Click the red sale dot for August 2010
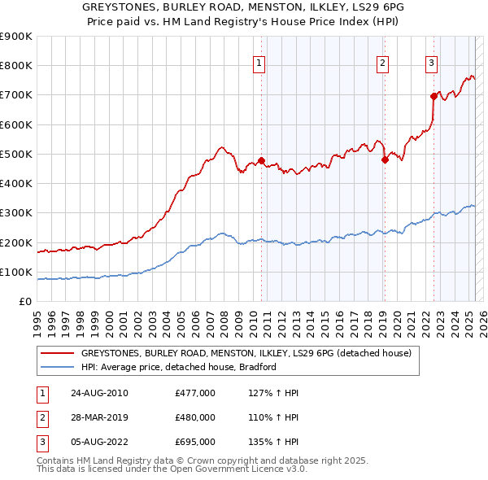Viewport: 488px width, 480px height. coord(261,160)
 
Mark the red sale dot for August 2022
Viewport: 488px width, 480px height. coord(434,96)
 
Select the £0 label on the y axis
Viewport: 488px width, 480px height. coord(26,302)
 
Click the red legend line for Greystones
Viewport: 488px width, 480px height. coord(58,353)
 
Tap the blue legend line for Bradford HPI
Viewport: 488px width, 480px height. coord(58,367)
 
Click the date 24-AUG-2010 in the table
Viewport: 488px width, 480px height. coord(99,393)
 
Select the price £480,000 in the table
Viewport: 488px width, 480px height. coord(194,417)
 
